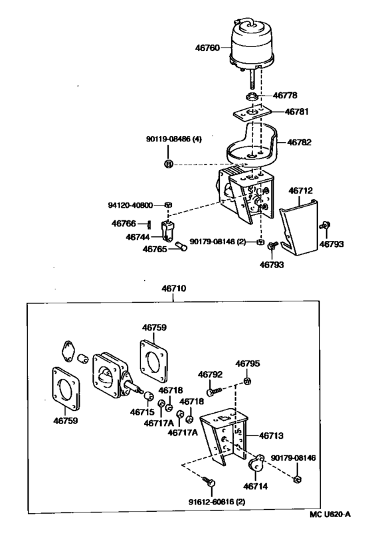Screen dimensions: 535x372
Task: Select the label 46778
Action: pyautogui.click(x=286, y=96)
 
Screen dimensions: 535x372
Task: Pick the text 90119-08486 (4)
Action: pyautogui.click(x=173, y=140)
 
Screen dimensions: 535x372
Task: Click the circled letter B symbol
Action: pyautogui.click(x=169, y=163)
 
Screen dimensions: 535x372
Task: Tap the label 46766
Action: pyautogui.click(x=124, y=224)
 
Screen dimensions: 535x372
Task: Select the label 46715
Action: pyautogui.click(x=143, y=412)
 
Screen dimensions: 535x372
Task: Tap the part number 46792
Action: pyautogui.click(x=209, y=375)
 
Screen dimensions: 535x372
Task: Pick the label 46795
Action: pyautogui.click(x=247, y=364)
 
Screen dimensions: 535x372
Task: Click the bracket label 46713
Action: pyautogui.click(x=271, y=436)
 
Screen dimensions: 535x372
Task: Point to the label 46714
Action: pyautogui.click(x=256, y=487)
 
